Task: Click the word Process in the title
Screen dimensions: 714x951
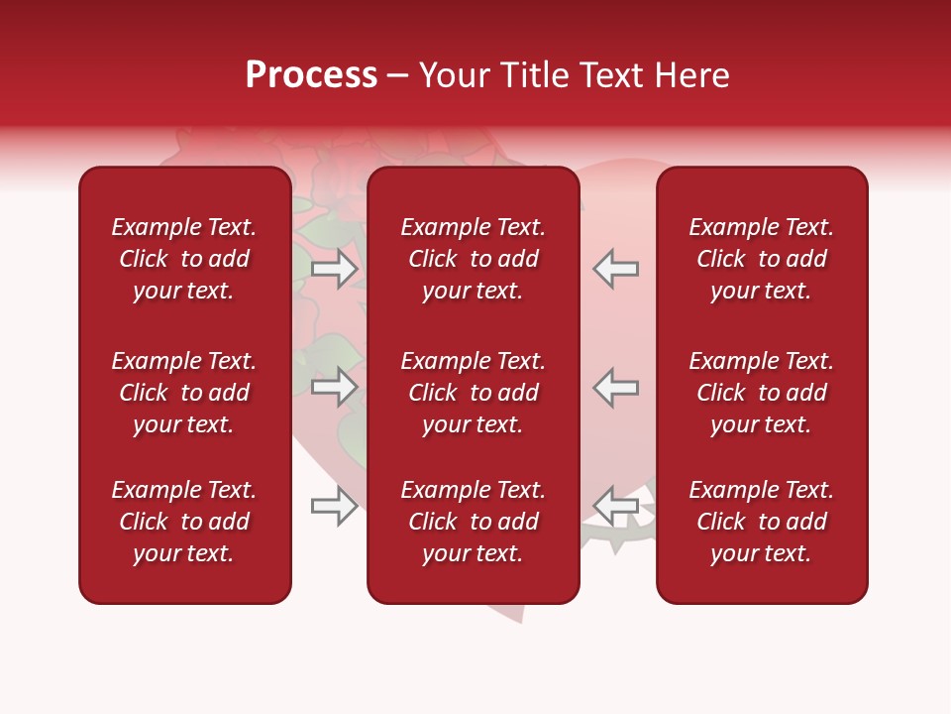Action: coord(311,75)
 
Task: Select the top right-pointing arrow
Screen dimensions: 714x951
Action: coord(334,269)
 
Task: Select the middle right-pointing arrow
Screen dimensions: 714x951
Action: coord(334,387)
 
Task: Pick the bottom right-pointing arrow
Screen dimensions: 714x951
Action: coord(334,506)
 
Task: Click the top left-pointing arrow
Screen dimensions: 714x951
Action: coord(616,269)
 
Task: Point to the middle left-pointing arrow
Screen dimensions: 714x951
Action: coord(616,387)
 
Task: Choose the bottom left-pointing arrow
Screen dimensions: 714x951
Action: coord(616,506)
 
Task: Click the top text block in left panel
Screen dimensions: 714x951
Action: coord(184,259)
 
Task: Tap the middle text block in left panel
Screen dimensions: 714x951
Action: coord(184,393)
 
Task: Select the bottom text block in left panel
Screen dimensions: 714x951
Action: coord(184,522)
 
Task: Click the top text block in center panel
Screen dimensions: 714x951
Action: coord(474,259)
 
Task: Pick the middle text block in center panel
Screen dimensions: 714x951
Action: coord(474,393)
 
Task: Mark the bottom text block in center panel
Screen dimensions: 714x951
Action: coord(474,522)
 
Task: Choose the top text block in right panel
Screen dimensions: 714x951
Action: coord(762,259)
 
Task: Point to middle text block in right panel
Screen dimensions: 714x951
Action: coord(762,393)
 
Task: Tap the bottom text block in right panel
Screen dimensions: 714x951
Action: coord(762,522)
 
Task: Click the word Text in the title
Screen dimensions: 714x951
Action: coord(617,75)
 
